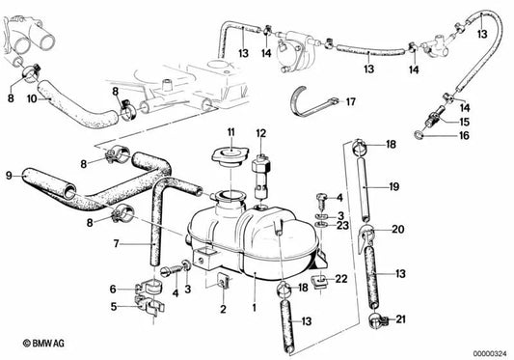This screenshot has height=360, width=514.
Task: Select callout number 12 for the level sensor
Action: point(261,132)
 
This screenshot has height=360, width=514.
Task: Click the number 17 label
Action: point(350,100)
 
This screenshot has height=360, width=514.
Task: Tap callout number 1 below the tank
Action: point(253,308)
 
